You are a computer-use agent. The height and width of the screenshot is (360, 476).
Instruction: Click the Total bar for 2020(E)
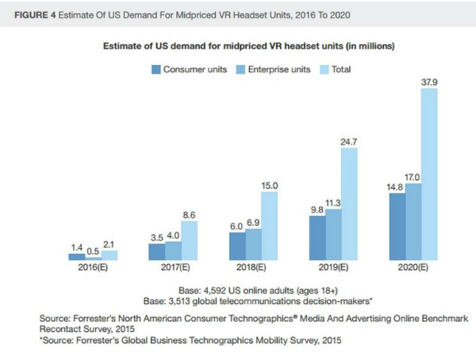coord(429,174)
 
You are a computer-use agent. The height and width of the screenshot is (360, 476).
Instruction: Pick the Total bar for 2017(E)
coord(189,240)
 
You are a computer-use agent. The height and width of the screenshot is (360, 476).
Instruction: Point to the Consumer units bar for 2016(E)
coord(77,257)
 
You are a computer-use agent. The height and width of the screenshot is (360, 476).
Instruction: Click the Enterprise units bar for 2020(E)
coord(413,222)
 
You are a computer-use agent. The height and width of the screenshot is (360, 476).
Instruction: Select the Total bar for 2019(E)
coord(349,204)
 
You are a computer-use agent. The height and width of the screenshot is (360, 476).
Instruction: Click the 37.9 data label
coord(429,81)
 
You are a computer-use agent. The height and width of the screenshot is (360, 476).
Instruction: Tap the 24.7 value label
coord(349,140)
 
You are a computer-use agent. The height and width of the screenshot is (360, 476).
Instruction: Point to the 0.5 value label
coord(94,251)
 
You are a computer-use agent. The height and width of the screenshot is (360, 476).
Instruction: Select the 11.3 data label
coord(333,201)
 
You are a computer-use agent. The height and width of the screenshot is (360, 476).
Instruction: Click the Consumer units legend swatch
coord(156,70)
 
